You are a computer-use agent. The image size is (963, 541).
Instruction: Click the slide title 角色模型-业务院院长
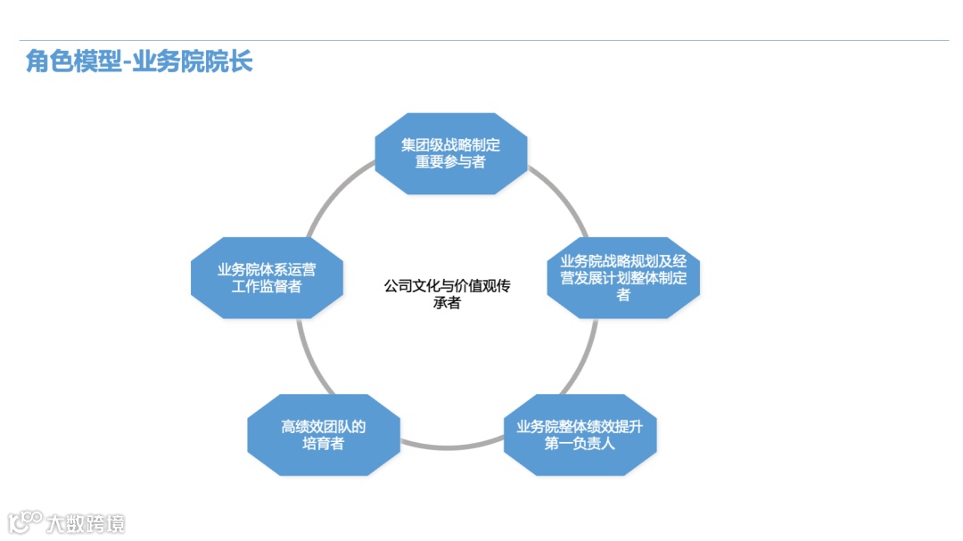139,61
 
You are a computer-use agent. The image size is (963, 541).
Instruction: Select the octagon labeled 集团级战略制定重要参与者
450,153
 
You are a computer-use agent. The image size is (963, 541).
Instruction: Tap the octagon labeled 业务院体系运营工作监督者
267,278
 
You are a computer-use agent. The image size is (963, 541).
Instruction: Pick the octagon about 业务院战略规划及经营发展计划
623,277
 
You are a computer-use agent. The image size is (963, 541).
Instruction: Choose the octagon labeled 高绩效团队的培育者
323,435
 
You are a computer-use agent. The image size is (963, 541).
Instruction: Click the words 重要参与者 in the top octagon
450,162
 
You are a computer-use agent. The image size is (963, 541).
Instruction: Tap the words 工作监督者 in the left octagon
267,287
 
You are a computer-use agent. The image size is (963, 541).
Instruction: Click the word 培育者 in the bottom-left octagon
323,443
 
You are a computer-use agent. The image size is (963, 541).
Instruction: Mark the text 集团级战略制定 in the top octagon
450,144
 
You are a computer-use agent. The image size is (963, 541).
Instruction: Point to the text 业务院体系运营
267,269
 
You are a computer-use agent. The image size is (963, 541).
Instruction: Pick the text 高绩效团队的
323,426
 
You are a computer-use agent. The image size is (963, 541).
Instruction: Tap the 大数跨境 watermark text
86,523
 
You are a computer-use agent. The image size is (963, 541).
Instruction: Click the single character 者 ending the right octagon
623,295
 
